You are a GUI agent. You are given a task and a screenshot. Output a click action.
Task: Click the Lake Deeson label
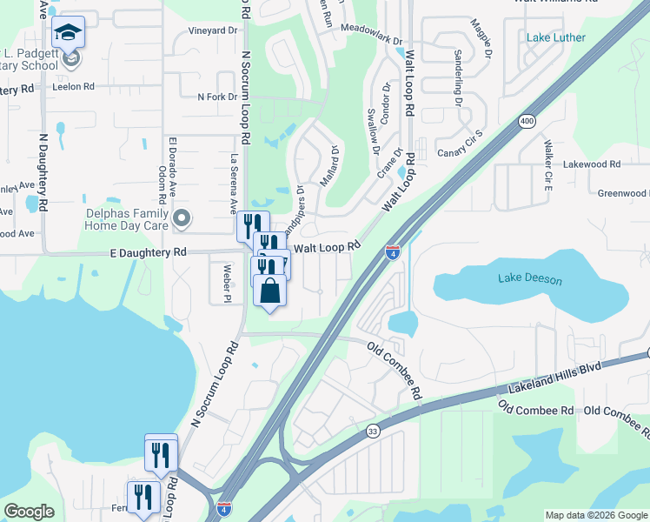coord(530,279)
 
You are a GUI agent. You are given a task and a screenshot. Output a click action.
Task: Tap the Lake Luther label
coord(556,37)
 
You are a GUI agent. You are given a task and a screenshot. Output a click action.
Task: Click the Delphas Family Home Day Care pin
coord(182,218)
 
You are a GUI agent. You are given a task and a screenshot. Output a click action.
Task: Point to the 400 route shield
coord(527,122)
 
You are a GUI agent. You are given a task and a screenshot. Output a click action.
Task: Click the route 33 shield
coord(373,430)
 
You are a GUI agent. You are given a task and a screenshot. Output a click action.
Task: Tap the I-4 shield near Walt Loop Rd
coord(393,251)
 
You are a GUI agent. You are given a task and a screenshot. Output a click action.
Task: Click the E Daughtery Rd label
coord(148,252)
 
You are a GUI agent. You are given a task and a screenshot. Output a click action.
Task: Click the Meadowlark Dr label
coord(372,41)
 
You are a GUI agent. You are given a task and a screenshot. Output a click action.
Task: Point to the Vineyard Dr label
coord(213,30)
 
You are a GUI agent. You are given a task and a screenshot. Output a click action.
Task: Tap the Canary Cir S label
coord(461,147)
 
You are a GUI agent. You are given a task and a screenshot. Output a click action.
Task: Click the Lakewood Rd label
coord(592,164)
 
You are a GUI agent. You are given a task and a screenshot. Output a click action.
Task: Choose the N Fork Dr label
coord(217,97)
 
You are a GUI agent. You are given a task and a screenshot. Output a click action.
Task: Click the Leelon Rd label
coord(73,86)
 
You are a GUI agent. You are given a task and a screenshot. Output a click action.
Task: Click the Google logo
coord(30,511)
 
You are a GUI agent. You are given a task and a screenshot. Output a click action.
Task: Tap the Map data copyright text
coord(595,515)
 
